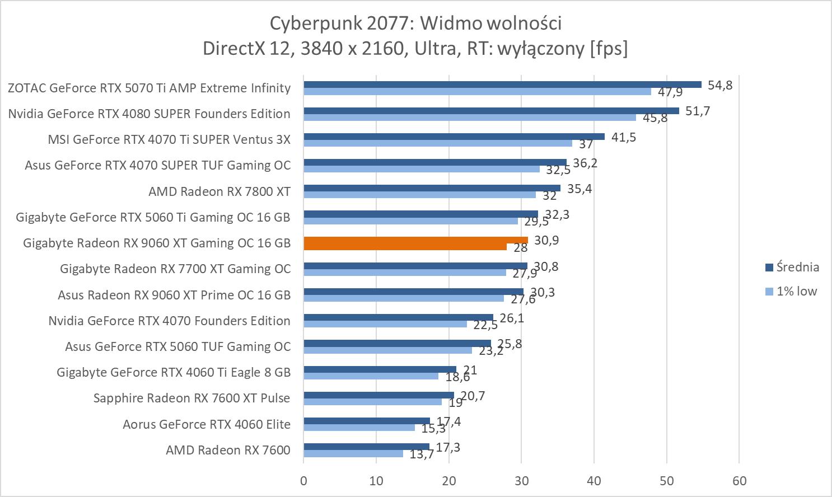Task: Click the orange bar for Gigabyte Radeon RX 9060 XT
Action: click(415, 240)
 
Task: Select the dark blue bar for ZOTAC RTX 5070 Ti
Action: click(502, 85)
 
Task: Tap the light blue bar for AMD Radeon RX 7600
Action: click(353, 454)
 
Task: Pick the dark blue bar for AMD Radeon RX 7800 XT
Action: click(432, 188)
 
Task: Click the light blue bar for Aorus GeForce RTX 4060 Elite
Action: click(359, 428)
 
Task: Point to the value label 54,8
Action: click(720, 85)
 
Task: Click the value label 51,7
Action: click(698, 111)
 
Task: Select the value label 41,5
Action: click(624, 137)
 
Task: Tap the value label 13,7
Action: click(422, 454)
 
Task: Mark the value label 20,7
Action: click(473, 396)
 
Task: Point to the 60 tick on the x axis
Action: click(739, 480)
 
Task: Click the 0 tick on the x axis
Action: click(303, 480)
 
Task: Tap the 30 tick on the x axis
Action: click(521, 480)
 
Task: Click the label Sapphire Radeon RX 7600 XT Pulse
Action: click(191, 398)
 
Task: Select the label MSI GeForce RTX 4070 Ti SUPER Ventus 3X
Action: click(169, 139)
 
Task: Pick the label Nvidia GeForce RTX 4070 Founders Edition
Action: click(169, 321)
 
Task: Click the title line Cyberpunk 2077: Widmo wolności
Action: click(415, 23)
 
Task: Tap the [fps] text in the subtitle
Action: click(609, 49)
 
